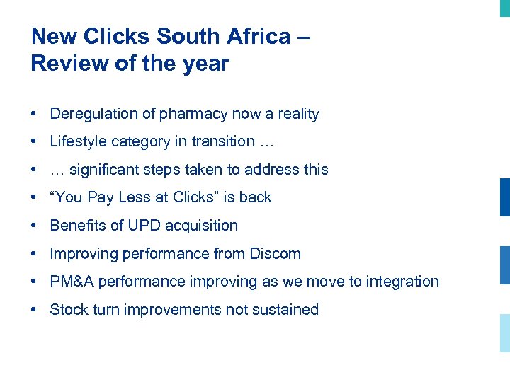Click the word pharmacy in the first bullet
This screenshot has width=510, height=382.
[x=187, y=115]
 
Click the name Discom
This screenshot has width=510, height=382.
[x=275, y=253]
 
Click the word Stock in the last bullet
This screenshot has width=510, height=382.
[x=69, y=309]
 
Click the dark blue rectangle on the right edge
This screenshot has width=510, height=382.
[x=504, y=197]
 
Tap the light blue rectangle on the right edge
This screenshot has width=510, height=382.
[x=504, y=332]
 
